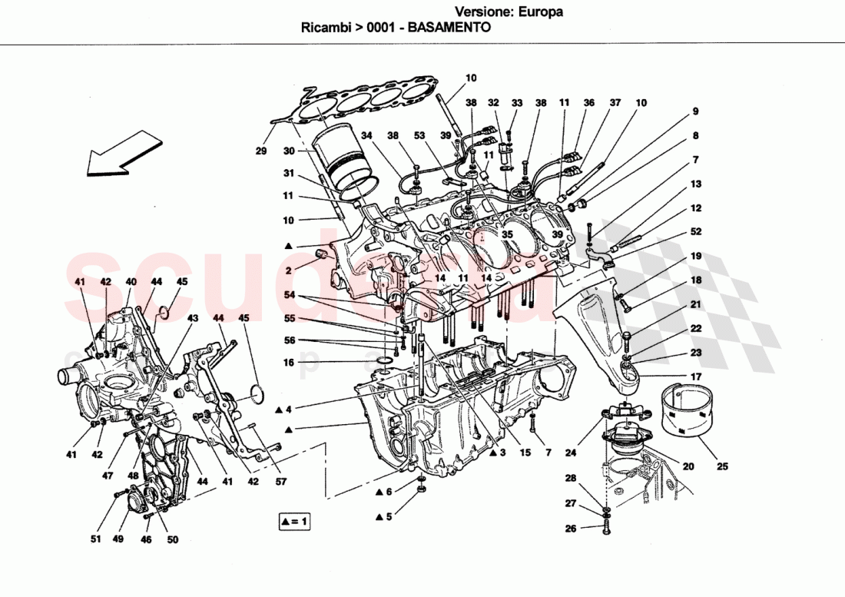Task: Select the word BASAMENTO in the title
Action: (449, 26)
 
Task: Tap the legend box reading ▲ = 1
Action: (294, 522)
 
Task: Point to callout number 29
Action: (261, 151)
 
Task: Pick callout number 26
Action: (570, 529)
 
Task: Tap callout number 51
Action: (95, 539)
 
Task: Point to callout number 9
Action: (694, 111)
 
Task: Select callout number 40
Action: (131, 282)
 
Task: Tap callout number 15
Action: (525, 453)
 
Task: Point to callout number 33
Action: (516, 102)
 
